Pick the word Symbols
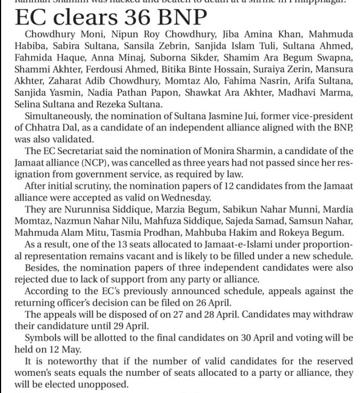point(43,337)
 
